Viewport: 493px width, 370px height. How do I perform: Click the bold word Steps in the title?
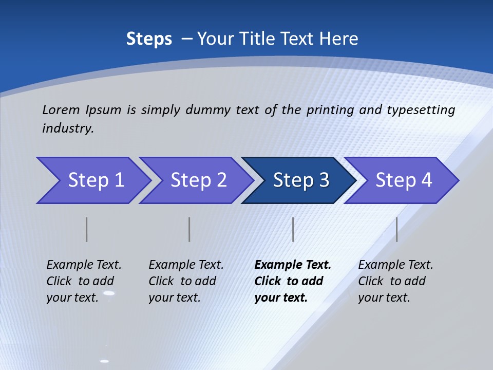(149, 39)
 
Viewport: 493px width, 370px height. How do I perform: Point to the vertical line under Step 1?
(86, 229)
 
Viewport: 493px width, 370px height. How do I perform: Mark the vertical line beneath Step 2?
(189, 229)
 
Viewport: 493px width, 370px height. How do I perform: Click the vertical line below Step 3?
(293, 229)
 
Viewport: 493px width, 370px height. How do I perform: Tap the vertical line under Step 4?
(396, 229)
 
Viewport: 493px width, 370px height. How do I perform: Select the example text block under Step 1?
(84, 281)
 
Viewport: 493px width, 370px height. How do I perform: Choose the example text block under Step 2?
(186, 281)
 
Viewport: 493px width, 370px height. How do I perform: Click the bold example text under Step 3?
(293, 281)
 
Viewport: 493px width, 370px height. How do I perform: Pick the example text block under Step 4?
(395, 281)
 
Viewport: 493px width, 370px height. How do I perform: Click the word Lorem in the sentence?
(61, 110)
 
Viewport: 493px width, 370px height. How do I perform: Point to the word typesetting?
(421, 110)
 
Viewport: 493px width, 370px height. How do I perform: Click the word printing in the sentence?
(329, 110)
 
